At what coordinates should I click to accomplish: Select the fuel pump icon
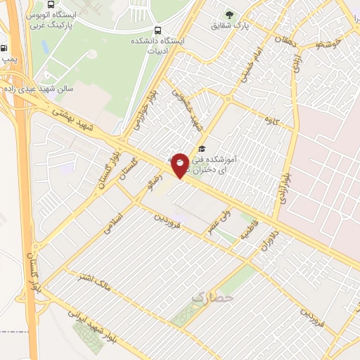6,49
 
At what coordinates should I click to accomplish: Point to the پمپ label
8,60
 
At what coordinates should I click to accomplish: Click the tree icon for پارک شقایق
229,14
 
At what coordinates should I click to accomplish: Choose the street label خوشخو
328,44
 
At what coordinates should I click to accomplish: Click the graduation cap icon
202,148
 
